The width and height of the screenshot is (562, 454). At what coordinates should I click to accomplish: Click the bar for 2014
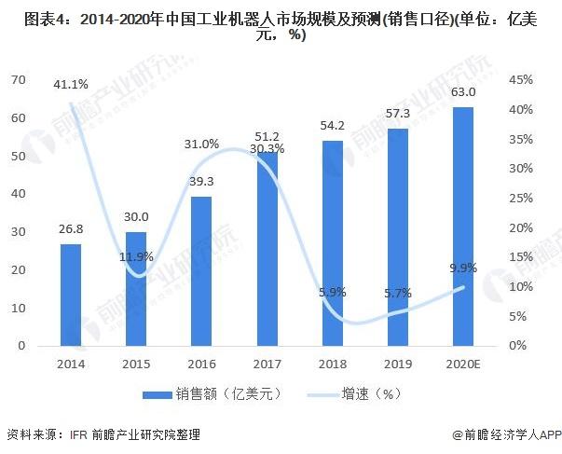click(x=71, y=295)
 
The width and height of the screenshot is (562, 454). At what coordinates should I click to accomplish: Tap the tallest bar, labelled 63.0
click(x=463, y=227)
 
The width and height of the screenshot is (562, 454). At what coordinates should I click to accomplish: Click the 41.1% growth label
click(x=71, y=85)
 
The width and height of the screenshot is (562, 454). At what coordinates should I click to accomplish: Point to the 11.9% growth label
click(x=136, y=256)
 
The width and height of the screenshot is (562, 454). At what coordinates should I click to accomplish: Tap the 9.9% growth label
click(x=463, y=268)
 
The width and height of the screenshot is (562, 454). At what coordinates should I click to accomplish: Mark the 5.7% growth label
click(x=398, y=293)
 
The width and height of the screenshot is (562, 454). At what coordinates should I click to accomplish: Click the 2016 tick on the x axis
click(x=201, y=363)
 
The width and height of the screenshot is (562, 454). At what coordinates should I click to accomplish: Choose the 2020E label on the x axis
click(x=463, y=363)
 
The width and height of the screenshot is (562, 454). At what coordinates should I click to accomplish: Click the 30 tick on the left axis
click(x=17, y=232)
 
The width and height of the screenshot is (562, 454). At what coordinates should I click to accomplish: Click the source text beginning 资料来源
click(x=103, y=434)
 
